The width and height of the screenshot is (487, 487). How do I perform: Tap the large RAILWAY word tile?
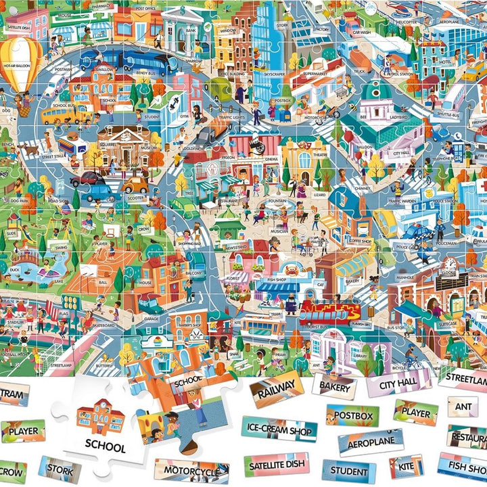pos(275,390)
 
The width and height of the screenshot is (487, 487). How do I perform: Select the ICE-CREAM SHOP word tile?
pos(279,430)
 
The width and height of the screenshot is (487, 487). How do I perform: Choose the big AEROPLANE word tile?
pos(371,442)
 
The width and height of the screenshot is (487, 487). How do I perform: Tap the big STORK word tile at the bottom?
pos(60,469)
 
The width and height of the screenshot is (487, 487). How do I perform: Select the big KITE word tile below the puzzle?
pos(407,466)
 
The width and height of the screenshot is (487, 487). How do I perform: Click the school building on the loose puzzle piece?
pos(100,420)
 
